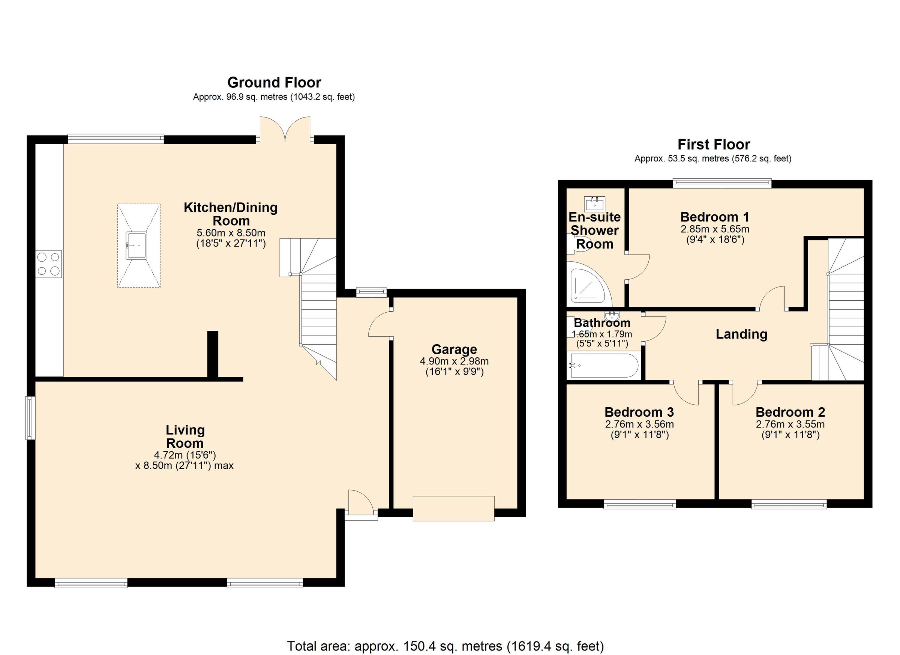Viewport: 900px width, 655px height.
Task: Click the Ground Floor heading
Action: (274, 83)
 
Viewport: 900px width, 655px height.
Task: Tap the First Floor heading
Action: (714, 144)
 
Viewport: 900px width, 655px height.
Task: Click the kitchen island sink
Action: (136, 245)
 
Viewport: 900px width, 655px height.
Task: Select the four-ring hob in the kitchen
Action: (48, 264)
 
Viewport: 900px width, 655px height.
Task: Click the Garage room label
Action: (454, 349)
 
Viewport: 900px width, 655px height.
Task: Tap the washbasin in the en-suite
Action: (595, 204)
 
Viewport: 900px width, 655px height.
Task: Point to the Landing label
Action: (741, 334)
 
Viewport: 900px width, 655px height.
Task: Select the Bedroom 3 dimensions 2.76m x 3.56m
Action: (639, 424)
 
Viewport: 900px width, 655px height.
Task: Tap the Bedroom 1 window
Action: (722, 183)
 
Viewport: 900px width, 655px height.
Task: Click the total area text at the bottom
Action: (445, 646)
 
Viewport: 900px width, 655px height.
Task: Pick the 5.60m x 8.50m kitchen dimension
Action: (231, 233)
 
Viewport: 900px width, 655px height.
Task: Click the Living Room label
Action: (185, 437)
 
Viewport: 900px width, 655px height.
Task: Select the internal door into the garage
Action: (380, 325)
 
